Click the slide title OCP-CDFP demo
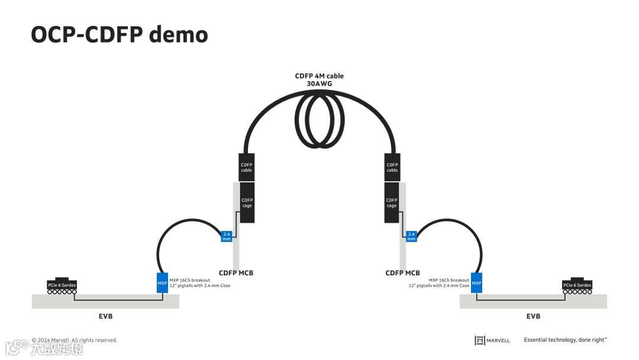[119, 35]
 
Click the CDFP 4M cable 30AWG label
[319, 80]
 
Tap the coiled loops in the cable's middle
[319, 122]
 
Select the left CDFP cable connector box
[246, 166]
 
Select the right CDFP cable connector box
[392, 166]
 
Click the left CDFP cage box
[247, 202]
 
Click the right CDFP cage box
[392, 202]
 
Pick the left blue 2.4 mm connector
[226, 236]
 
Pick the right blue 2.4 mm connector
[411, 236]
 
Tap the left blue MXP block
[162, 283]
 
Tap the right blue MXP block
[476, 283]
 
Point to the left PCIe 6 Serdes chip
[62, 285]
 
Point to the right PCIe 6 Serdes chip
[577, 285]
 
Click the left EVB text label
[105, 316]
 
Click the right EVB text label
[533, 316]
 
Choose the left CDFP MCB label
[236, 273]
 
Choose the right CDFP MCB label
[402, 273]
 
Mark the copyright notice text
[75, 340]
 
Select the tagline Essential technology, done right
[565, 340]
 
